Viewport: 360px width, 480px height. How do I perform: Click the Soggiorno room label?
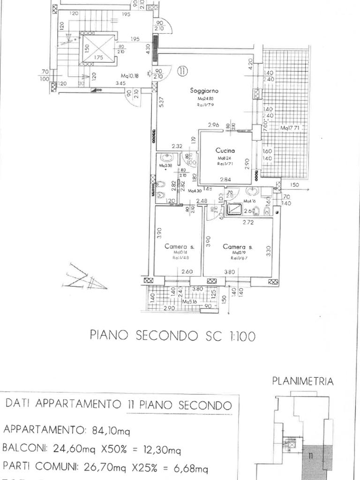[x=205, y=90]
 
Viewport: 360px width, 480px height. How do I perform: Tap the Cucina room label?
[x=225, y=150]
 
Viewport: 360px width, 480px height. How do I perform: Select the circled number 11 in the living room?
[x=182, y=71]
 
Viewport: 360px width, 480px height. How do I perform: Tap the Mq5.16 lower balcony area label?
[x=191, y=302]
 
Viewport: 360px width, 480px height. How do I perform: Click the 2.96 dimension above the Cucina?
[x=214, y=125]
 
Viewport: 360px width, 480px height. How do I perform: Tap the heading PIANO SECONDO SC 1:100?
[x=172, y=336]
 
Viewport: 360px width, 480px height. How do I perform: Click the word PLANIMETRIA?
[x=303, y=381]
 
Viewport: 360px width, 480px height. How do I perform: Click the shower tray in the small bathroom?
[x=234, y=209]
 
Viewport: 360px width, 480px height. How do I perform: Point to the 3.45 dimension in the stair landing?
[x=108, y=83]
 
